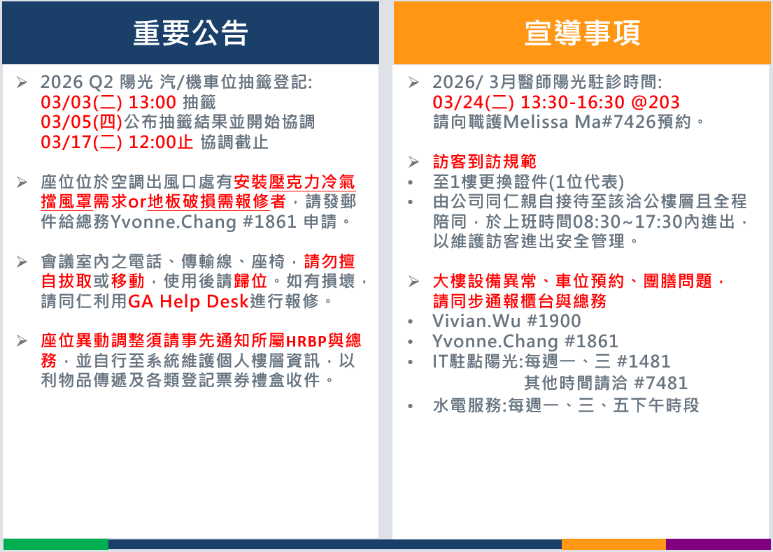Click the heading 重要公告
[x=190, y=33]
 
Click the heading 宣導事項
[x=582, y=33]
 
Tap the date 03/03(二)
[x=81, y=103]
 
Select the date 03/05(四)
[x=81, y=122]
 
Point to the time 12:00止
[x=161, y=143]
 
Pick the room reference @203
[x=655, y=103]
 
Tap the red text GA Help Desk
[x=188, y=301]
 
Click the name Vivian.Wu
[x=476, y=321]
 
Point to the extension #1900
[x=554, y=321]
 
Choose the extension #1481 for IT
[x=644, y=362]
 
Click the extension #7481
[x=660, y=383]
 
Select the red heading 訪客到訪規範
[x=485, y=161]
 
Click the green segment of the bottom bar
[x=56, y=544]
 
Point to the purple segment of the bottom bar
[x=718, y=544]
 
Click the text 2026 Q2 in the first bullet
[x=77, y=82]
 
